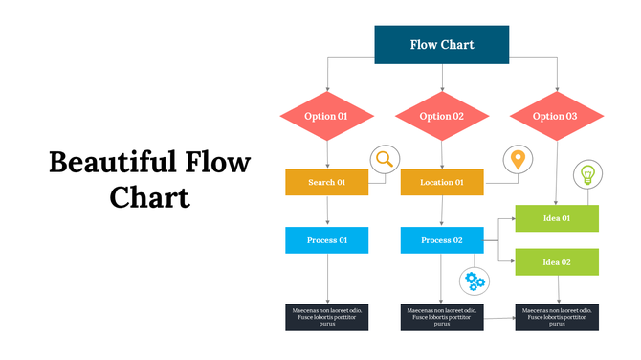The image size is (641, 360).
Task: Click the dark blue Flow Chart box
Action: pos(441,45)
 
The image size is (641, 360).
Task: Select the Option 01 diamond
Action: pos(327,117)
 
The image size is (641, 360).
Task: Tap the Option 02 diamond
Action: pos(442,117)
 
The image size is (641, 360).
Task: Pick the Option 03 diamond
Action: pos(556,117)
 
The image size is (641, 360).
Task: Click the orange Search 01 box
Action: pos(327,182)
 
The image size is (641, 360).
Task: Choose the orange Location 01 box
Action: pos(442,182)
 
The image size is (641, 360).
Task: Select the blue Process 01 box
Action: pos(327,240)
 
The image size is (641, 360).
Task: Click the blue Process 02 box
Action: pos(442,240)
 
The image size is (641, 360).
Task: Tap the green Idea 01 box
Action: pos(557,218)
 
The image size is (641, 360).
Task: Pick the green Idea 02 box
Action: pos(557,261)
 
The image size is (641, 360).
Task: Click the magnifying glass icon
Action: pos(385,159)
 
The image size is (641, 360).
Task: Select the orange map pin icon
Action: pos(518,159)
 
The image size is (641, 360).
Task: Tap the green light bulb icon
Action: pos(586,175)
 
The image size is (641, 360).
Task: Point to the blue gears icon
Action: pos(475,281)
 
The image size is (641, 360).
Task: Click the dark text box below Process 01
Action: pos(327,318)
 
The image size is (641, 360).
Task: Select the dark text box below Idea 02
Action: pos(557,318)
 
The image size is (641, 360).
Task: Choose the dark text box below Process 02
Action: pos(442,318)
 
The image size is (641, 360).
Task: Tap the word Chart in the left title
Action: pos(150,196)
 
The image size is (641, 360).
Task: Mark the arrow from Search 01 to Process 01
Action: pos(327,212)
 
